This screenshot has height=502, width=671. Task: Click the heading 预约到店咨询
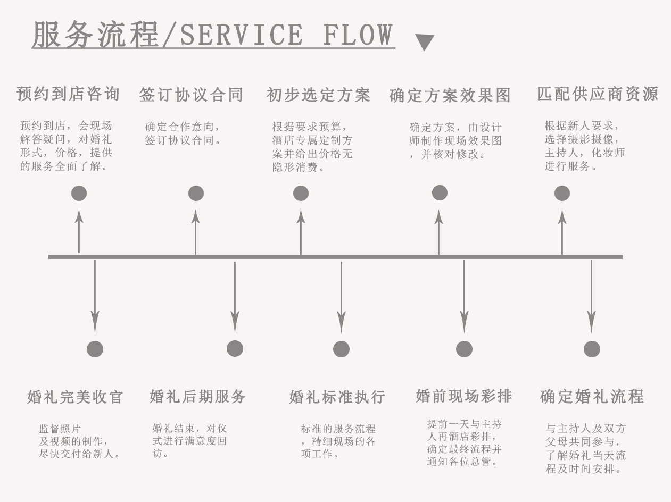pos(68,94)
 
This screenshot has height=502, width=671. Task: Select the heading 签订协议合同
pos(191,95)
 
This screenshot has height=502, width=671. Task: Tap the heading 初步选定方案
pos(318,95)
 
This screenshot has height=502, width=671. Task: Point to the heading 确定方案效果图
pos(450,96)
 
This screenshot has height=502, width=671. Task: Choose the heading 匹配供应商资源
pos(598,94)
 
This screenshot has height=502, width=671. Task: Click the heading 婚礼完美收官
pos(75,397)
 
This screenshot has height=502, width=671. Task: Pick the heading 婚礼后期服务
pos(198,397)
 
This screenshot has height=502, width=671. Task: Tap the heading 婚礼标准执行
pos(337,397)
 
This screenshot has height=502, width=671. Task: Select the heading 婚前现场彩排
pos(464,396)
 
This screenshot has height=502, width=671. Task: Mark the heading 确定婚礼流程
pos(592,397)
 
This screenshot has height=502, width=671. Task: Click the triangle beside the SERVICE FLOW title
pos(424,41)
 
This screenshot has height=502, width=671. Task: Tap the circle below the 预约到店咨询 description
pos(79,193)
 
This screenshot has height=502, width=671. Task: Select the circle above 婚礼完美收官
pos(95,349)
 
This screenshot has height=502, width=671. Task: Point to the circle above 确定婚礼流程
pos(592,349)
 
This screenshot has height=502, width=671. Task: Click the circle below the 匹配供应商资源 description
pos(562,193)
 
